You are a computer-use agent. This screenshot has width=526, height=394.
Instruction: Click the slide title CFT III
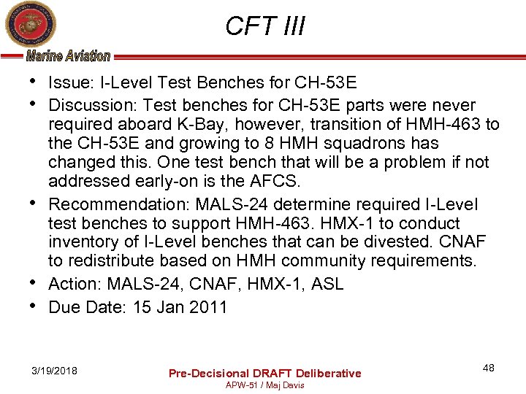coord(265,26)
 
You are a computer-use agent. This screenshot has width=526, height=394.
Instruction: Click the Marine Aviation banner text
coord(68,55)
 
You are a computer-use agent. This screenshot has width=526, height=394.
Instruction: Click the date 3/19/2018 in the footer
coord(56,372)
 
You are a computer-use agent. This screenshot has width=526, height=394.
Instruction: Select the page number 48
coord(488,368)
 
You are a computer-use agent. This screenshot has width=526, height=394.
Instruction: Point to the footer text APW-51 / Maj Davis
coord(265,385)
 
